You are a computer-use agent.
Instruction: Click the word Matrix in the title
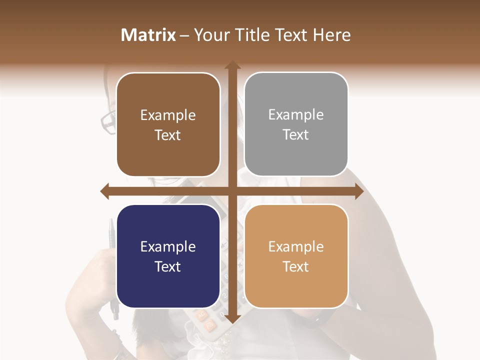click(x=148, y=35)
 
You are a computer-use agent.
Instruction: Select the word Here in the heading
click(x=332, y=35)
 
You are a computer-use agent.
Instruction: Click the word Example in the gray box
click(x=296, y=115)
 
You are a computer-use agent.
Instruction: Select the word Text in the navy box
click(x=168, y=266)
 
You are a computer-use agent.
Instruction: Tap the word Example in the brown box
click(x=168, y=115)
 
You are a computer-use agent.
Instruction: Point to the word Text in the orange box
click(x=296, y=266)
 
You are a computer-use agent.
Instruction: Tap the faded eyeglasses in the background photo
click(x=108, y=120)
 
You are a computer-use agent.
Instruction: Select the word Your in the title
click(x=209, y=35)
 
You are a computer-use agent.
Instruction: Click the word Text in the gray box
click(x=296, y=135)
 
